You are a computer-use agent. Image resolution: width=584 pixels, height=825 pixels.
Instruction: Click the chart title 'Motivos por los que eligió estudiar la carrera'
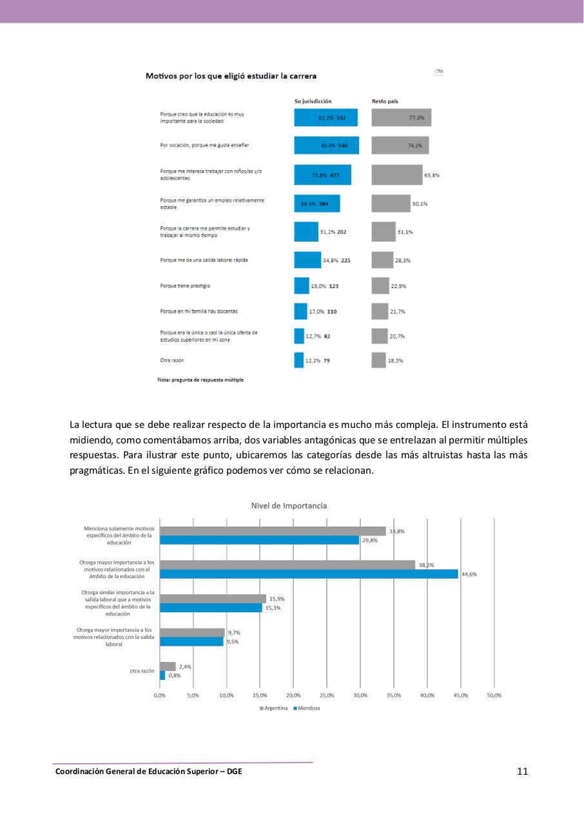pyautogui.click(x=231, y=76)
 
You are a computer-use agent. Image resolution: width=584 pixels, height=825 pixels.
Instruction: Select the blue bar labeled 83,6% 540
pyautogui.click(x=326, y=146)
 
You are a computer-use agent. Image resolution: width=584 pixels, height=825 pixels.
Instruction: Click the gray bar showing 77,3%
pyautogui.click(x=401, y=118)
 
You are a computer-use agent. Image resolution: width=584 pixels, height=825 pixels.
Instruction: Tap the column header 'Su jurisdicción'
pyautogui.click(x=313, y=101)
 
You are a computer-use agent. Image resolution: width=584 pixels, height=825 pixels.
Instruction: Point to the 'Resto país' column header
pyautogui.click(x=384, y=101)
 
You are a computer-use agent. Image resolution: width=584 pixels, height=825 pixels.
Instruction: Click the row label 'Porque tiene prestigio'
pyautogui.click(x=185, y=285)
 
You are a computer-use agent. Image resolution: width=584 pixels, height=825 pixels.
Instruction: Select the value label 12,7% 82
pyautogui.click(x=318, y=336)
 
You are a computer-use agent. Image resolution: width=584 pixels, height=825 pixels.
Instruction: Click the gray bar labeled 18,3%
pyautogui.click(x=378, y=360)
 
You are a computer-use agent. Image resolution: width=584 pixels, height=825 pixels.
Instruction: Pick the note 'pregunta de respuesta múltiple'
pyautogui.click(x=200, y=380)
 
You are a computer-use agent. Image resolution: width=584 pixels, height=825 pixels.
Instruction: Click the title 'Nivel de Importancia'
pyautogui.click(x=289, y=505)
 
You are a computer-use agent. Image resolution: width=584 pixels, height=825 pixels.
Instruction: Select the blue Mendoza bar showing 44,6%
pyautogui.click(x=309, y=574)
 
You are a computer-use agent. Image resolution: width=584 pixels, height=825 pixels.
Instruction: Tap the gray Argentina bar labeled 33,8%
pyautogui.click(x=273, y=531)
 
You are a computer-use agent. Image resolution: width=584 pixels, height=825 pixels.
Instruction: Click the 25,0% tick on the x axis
pyautogui.click(x=327, y=695)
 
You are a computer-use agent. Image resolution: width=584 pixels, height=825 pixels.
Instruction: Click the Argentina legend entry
pyautogui.click(x=274, y=708)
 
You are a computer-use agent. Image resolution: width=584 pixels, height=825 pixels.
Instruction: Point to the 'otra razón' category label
pyautogui.click(x=142, y=671)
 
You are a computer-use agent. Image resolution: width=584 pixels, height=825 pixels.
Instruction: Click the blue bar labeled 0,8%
pyautogui.click(x=162, y=675)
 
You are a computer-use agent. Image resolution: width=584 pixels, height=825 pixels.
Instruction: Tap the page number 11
pyautogui.click(x=522, y=772)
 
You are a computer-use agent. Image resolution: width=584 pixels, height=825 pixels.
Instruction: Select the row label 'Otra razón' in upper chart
pyautogui.click(x=171, y=360)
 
